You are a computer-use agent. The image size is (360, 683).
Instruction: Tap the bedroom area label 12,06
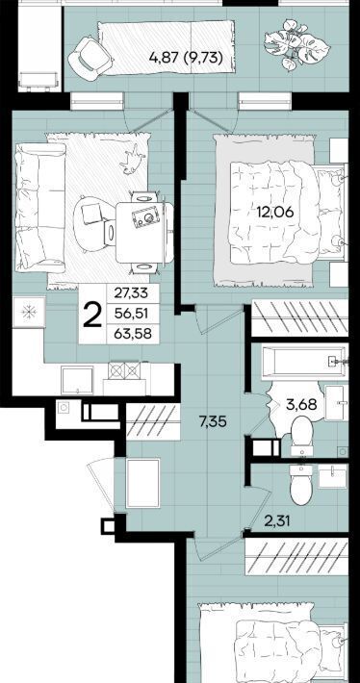[x=275, y=213]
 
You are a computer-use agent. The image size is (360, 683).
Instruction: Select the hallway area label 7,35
[x=213, y=421]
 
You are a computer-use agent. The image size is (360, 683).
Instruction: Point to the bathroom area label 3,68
[x=301, y=405]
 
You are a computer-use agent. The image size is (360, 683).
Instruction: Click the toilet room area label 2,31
[x=277, y=520]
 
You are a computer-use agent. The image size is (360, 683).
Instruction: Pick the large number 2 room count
[x=92, y=315]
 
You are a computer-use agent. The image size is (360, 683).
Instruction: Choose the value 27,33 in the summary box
[x=131, y=293]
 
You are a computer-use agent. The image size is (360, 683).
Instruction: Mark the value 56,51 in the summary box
[x=131, y=314]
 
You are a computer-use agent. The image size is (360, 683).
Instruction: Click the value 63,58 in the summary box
[x=131, y=335]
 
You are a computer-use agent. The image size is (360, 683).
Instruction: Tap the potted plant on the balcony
[x=296, y=44]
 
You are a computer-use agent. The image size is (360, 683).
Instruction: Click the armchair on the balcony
[x=90, y=57]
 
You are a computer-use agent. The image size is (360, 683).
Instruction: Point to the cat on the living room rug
[x=132, y=159]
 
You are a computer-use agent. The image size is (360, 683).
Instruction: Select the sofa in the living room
[x=40, y=208]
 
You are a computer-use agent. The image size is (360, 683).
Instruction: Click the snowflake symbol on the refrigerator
[x=30, y=312]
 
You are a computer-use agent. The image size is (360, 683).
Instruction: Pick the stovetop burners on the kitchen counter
[x=124, y=370]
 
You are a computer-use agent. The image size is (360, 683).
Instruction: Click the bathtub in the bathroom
[x=304, y=361]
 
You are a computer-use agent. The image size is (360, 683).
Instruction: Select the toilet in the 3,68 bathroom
[x=301, y=434]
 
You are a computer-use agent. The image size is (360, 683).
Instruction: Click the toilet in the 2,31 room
[x=300, y=485]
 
